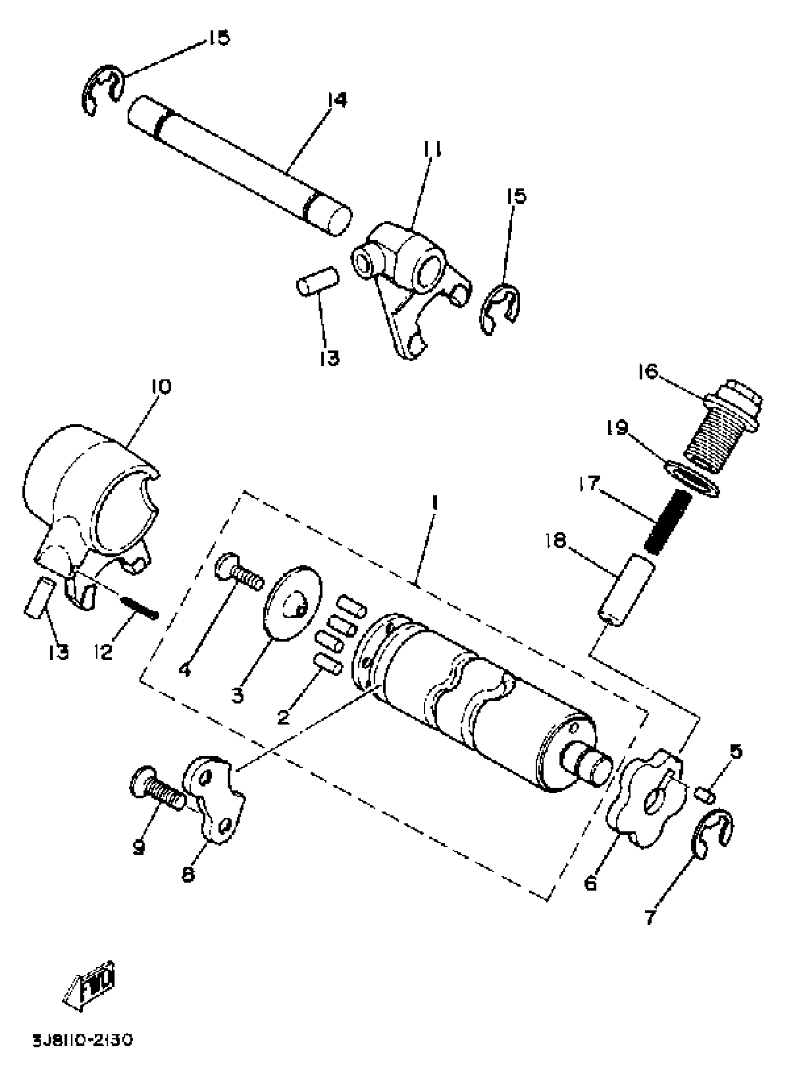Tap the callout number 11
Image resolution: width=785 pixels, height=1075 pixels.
pos(432,149)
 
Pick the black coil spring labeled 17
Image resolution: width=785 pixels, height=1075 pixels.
pos(667,522)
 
